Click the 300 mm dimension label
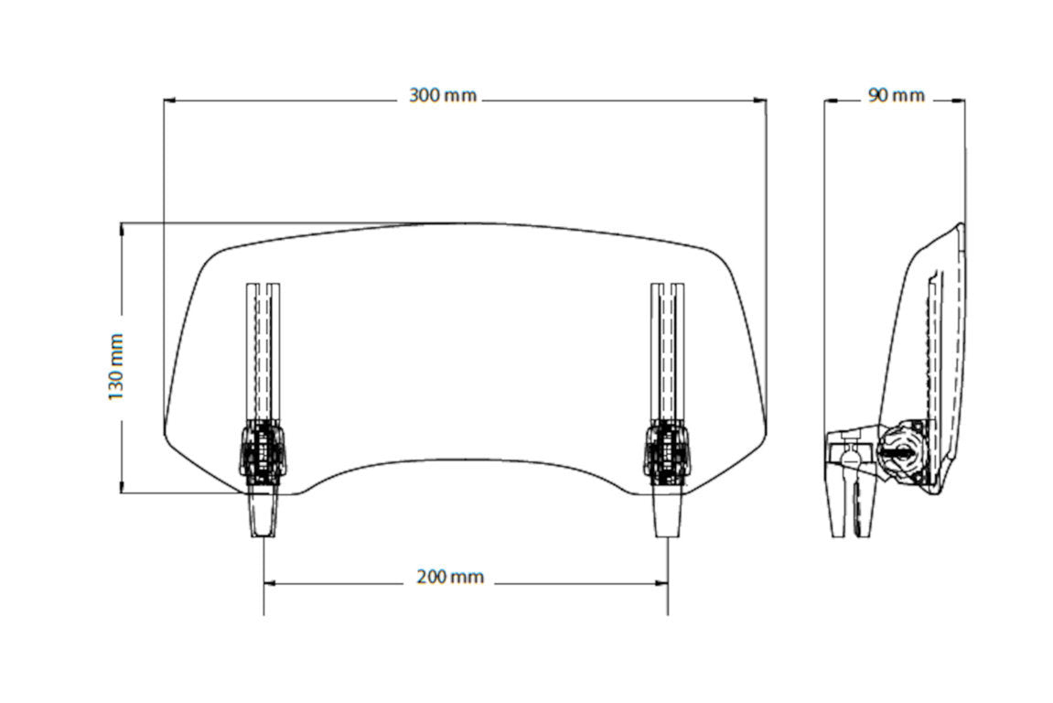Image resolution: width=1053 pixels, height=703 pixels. tap(444, 96)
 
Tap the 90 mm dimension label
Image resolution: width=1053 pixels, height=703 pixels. tap(896, 95)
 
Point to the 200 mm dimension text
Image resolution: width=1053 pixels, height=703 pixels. tap(449, 577)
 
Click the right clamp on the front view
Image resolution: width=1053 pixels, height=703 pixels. tap(667, 451)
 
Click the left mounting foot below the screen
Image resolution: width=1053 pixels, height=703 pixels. tap(263, 512)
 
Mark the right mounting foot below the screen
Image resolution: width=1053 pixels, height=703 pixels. tap(668, 512)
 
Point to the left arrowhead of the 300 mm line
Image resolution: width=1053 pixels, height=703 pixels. tap(169, 100)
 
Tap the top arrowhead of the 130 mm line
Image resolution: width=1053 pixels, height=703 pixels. tap(122, 227)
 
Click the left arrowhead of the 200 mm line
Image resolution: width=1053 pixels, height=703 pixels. tap(270, 582)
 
